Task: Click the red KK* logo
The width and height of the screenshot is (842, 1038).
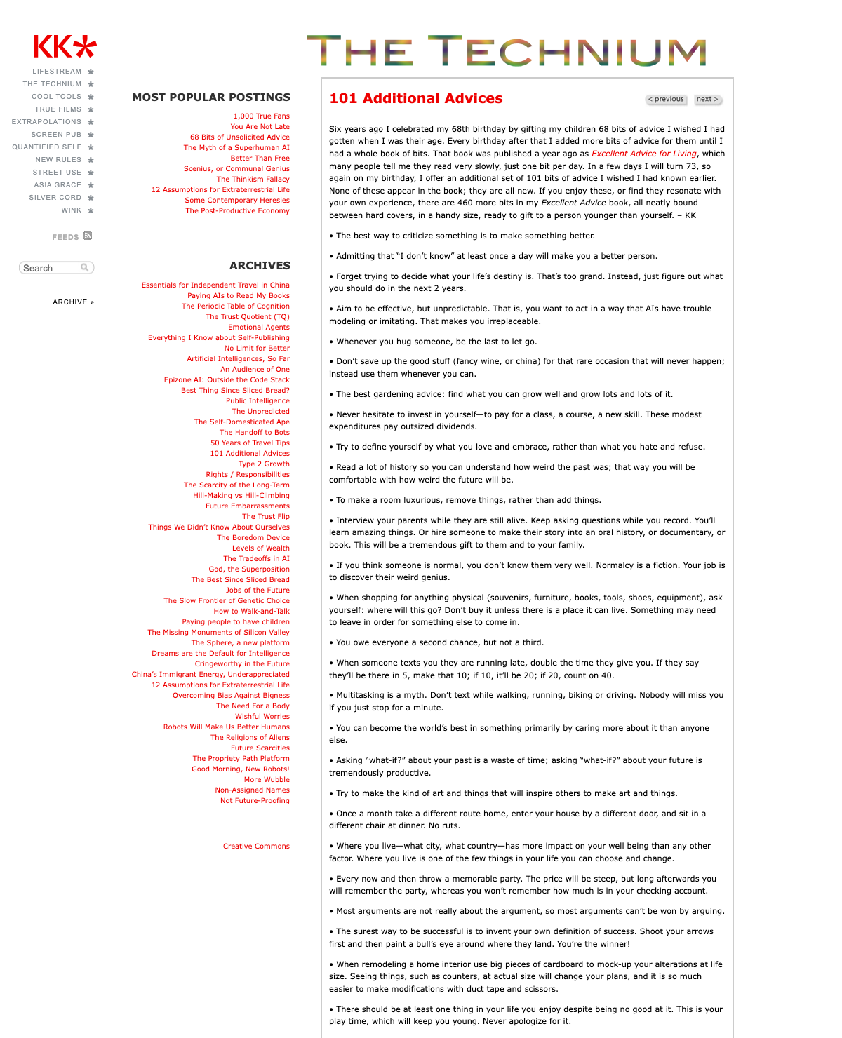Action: click(x=65, y=47)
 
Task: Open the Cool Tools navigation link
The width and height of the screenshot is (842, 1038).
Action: click(x=57, y=97)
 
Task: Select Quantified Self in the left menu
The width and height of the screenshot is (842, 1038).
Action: click(x=47, y=147)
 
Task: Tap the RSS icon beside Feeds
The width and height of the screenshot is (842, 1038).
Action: click(x=88, y=236)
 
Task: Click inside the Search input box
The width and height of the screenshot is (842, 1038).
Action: click(x=51, y=268)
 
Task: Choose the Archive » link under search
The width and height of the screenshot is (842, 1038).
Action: click(x=73, y=302)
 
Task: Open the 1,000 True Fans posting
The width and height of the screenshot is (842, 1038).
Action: click(x=261, y=116)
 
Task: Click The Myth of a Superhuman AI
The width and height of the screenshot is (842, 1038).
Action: click(x=236, y=148)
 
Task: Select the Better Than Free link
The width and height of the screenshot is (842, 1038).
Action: click(x=260, y=159)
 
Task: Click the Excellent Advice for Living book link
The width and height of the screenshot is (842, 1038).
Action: click(x=643, y=154)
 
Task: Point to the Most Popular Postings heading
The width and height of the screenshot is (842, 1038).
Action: click(x=211, y=97)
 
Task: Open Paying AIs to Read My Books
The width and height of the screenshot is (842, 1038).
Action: click(x=239, y=296)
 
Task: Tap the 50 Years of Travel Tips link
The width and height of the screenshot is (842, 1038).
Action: click(x=250, y=443)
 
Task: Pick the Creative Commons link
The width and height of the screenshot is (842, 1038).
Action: click(x=256, y=847)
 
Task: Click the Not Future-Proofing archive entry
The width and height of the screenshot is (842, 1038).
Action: click(x=255, y=801)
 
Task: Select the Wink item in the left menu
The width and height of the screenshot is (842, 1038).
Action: click(x=72, y=210)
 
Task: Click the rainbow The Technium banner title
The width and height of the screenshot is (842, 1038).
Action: click(x=507, y=52)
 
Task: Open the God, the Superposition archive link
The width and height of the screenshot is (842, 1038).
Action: click(x=249, y=569)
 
